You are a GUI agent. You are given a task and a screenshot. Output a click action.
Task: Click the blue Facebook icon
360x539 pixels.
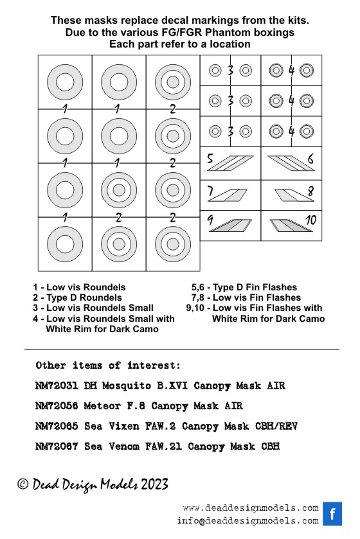click(x=332, y=513)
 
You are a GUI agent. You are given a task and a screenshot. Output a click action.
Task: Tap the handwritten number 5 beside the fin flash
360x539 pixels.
click(x=210, y=158)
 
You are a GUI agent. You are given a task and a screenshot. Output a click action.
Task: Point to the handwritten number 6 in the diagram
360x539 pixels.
click(x=310, y=159)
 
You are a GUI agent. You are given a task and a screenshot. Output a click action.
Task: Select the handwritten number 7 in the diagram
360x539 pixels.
click(x=210, y=191)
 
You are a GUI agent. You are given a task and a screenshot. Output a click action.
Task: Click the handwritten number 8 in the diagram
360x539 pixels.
click(x=311, y=191)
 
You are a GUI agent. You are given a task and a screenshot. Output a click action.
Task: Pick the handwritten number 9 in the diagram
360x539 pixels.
click(x=210, y=220)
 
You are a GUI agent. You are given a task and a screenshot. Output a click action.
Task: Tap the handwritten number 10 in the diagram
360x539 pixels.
click(x=310, y=220)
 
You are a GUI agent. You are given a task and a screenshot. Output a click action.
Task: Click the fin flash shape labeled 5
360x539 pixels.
click(x=230, y=163)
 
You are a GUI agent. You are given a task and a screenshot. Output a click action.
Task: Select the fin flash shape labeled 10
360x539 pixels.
click(x=291, y=225)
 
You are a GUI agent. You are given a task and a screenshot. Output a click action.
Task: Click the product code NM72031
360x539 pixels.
click(x=57, y=385)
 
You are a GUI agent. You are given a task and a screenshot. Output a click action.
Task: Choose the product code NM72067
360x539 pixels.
click(x=57, y=446)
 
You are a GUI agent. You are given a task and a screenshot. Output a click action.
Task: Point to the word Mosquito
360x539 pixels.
click(x=127, y=386)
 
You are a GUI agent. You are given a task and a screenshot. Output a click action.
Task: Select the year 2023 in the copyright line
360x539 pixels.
click(x=154, y=484)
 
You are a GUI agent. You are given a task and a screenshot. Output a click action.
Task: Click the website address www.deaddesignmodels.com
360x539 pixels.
click(x=251, y=508)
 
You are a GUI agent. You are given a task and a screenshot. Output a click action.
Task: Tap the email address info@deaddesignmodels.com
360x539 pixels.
click(x=248, y=521)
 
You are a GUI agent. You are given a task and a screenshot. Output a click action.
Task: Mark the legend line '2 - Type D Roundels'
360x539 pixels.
click(x=77, y=297)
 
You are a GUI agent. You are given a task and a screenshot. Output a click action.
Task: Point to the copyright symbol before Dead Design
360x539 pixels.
click(x=22, y=484)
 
